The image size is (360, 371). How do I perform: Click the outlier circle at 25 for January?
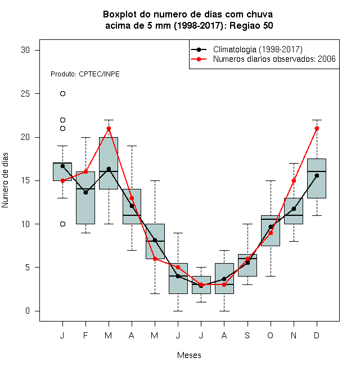click(62, 94)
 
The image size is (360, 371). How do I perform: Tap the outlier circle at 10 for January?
click(62, 224)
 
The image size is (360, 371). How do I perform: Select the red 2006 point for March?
click(109, 129)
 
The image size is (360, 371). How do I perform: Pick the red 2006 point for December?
click(317, 129)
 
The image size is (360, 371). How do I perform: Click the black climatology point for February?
click(85, 193)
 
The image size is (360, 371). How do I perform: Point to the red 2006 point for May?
click(155, 259)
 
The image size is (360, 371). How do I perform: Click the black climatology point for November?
click(294, 209)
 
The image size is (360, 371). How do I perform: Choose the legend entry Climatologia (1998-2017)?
click(247, 49)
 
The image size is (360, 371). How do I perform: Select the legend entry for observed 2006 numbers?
click(263, 59)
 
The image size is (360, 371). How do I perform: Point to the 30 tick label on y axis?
click(25, 50)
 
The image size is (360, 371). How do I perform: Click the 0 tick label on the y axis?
click(28, 311)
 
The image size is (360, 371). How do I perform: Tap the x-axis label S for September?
click(247, 335)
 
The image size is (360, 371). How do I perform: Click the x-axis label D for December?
click(317, 335)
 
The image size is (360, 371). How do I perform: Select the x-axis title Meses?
click(189, 355)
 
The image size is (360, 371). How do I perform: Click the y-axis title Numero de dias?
click(5, 180)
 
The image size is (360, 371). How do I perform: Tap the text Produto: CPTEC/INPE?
click(85, 74)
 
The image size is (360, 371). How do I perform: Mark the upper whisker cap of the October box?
click(271, 180)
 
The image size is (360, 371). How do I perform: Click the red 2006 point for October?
click(271, 233)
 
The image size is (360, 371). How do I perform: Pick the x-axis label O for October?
click(270, 335)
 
